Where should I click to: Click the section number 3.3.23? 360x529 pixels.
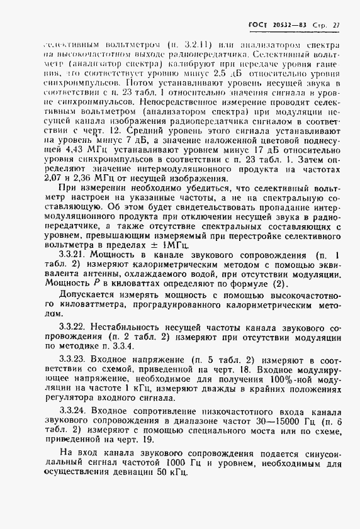(74, 359)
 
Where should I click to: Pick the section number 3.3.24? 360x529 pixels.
(74, 410)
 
